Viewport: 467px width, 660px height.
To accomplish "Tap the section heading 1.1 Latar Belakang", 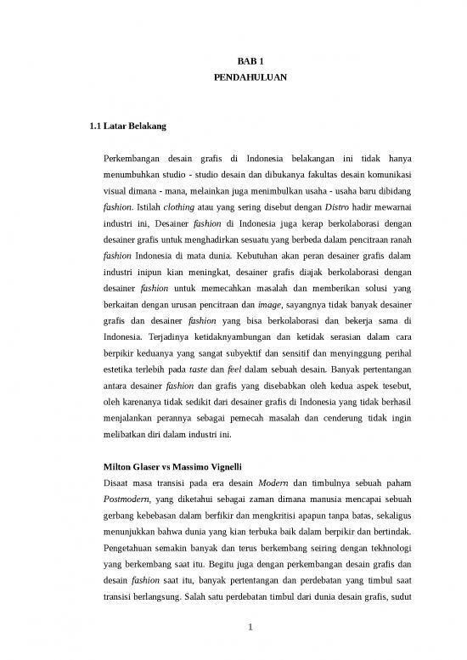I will click(121, 127).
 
